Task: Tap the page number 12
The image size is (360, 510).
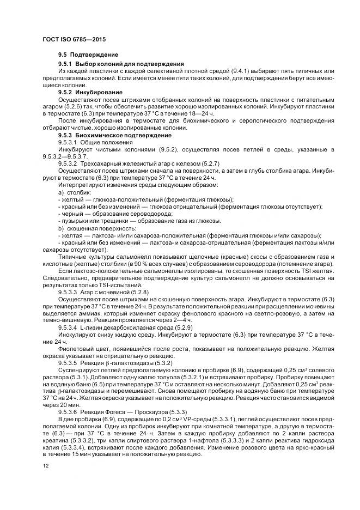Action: click(x=45, y=466)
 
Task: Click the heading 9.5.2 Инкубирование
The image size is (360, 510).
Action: click(x=90, y=93)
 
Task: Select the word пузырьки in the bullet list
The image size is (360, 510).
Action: click(x=74, y=221)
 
